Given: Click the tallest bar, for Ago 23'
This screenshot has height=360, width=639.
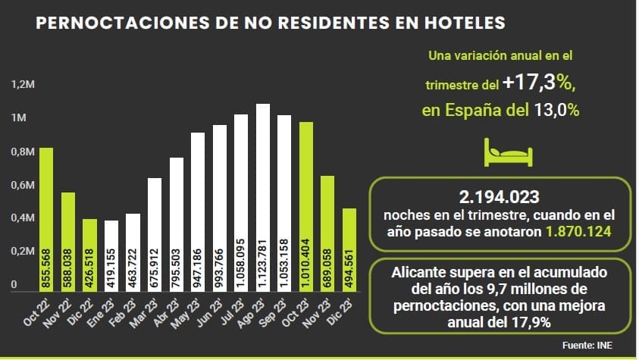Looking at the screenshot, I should coord(263,197).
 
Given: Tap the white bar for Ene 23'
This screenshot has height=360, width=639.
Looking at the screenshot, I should coord(111,255).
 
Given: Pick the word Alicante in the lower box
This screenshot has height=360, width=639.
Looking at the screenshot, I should coord(418,271).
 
